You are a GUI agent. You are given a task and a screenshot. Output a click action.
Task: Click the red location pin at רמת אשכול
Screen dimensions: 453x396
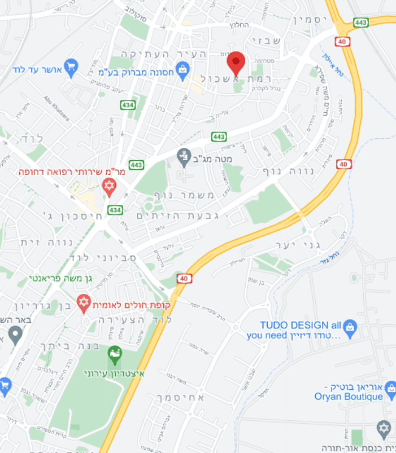point(236,61)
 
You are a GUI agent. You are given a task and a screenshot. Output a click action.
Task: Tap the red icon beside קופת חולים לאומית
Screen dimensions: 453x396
point(84,302)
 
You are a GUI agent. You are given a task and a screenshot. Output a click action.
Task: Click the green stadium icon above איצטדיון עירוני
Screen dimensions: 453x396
point(115,354)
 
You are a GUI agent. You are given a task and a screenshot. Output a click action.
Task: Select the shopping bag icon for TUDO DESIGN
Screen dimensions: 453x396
point(350,326)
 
